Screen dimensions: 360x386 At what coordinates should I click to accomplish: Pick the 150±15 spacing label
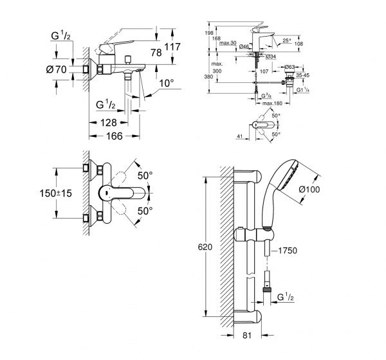(57, 193)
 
